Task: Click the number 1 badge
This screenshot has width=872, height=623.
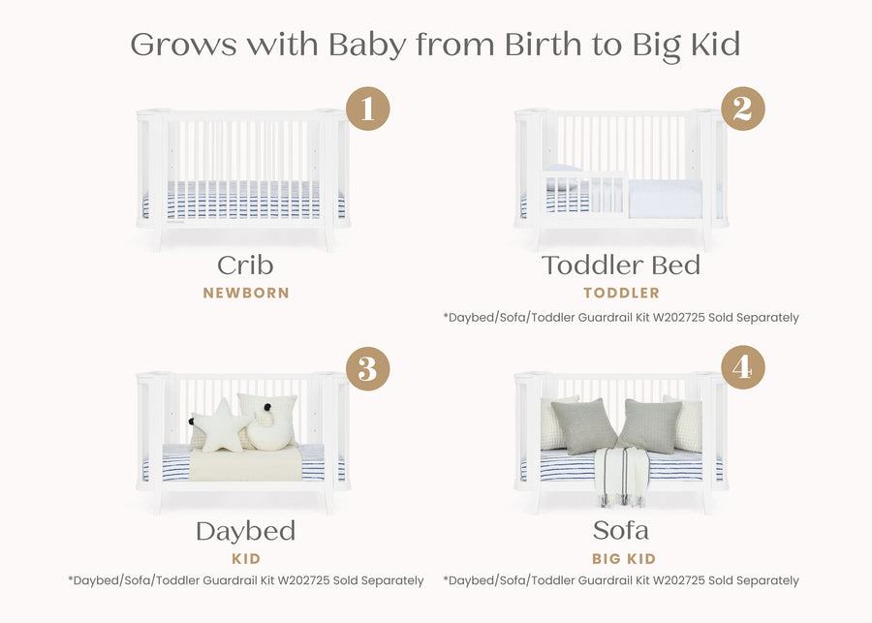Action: tap(367, 109)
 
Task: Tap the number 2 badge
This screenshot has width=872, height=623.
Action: tap(742, 109)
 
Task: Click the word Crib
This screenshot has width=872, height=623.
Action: tap(245, 265)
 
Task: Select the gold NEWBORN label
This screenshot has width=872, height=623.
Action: tap(246, 293)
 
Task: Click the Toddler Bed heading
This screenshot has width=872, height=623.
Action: tap(621, 265)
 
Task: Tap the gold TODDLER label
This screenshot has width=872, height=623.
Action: tap(621, 293)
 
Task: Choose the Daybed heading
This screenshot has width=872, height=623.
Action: tap(245, 531)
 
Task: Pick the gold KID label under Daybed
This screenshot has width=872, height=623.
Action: tap(246, 559)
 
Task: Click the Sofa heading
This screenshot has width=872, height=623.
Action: tap(621, 531)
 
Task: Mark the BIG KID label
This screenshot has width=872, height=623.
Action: tap(623, 559)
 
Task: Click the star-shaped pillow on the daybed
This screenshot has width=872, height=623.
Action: tap(221, 426)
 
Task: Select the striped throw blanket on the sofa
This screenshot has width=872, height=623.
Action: tap(620, 475)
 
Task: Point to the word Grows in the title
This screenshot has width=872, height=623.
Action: tap(183, 45)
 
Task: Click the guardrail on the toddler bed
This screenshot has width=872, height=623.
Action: tap(581, 190)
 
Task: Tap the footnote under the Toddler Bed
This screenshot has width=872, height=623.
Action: tap(621, 317)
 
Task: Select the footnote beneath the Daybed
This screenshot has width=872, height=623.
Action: tap(246, 580)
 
